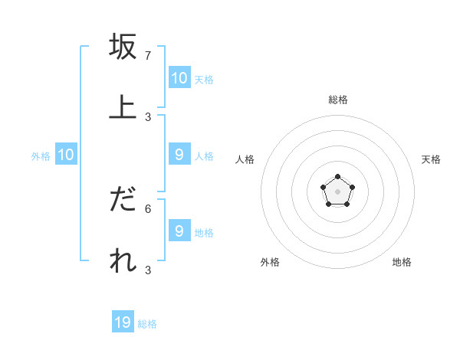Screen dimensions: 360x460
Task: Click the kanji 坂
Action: click(123, 47)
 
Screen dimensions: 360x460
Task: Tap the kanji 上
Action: click(123, 106)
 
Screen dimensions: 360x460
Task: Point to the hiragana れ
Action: click(123, 260)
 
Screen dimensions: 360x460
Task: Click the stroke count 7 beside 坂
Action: click(148, 56)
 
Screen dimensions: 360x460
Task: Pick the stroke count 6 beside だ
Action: click(148, 208)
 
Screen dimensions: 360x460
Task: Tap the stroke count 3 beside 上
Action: click(148, 116)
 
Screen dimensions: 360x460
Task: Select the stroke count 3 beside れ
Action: click(148, 270)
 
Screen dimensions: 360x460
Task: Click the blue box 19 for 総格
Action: click(123, 322)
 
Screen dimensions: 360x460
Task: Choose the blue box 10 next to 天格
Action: click(179, 78)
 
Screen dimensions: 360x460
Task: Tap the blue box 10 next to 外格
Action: click(66, 155)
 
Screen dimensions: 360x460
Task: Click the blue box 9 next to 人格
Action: click(179, 155)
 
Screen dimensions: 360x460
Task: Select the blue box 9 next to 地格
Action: click(179, 231)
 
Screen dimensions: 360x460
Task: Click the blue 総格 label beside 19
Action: click(147, 324)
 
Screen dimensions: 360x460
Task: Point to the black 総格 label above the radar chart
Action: click(338, 100)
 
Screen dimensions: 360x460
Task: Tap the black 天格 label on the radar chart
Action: click(432, 159)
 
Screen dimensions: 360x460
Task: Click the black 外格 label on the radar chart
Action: click(270, 262)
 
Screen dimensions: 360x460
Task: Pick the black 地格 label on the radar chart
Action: click(402, 262)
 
